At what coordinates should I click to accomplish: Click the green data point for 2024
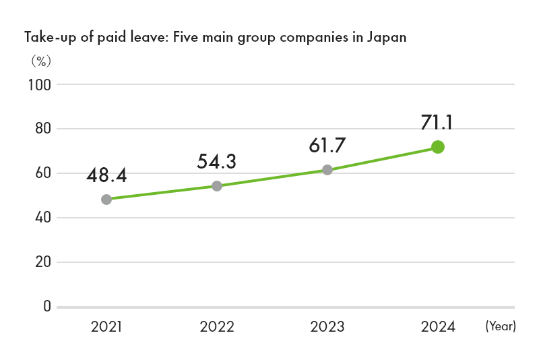click(x=437, y=147)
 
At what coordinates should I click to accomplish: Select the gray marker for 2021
click(x=106, y=200)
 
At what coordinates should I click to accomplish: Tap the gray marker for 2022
click(x=217, y=186)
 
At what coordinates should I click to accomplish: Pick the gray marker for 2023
click(x=327, y=170)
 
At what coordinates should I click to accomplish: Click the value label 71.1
click(x=437, y=123)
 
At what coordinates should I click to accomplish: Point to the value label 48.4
click(x=106, y=176)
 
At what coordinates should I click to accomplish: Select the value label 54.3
click(x=217, y=162)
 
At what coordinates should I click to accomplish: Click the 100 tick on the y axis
click(x=40, y=85)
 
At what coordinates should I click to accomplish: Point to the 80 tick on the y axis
click(x=42, y=129)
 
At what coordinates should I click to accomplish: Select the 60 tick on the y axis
click(x=42, y=173)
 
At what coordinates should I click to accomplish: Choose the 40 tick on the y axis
click(x=42, y=218)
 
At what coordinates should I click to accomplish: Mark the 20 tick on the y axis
click(x=42, y=262)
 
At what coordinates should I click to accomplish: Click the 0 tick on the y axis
click(x=46, y=307)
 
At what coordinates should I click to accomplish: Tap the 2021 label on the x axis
click(x=106, y=328)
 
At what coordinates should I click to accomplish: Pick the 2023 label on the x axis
click(x=327, y=328)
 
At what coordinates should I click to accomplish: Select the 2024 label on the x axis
click(x=438, y=328)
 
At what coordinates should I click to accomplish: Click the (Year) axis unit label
click(x=500, y=327)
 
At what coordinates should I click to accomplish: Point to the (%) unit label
click(x=40, y=61)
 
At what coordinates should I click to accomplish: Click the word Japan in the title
click(x=386, y=37)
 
